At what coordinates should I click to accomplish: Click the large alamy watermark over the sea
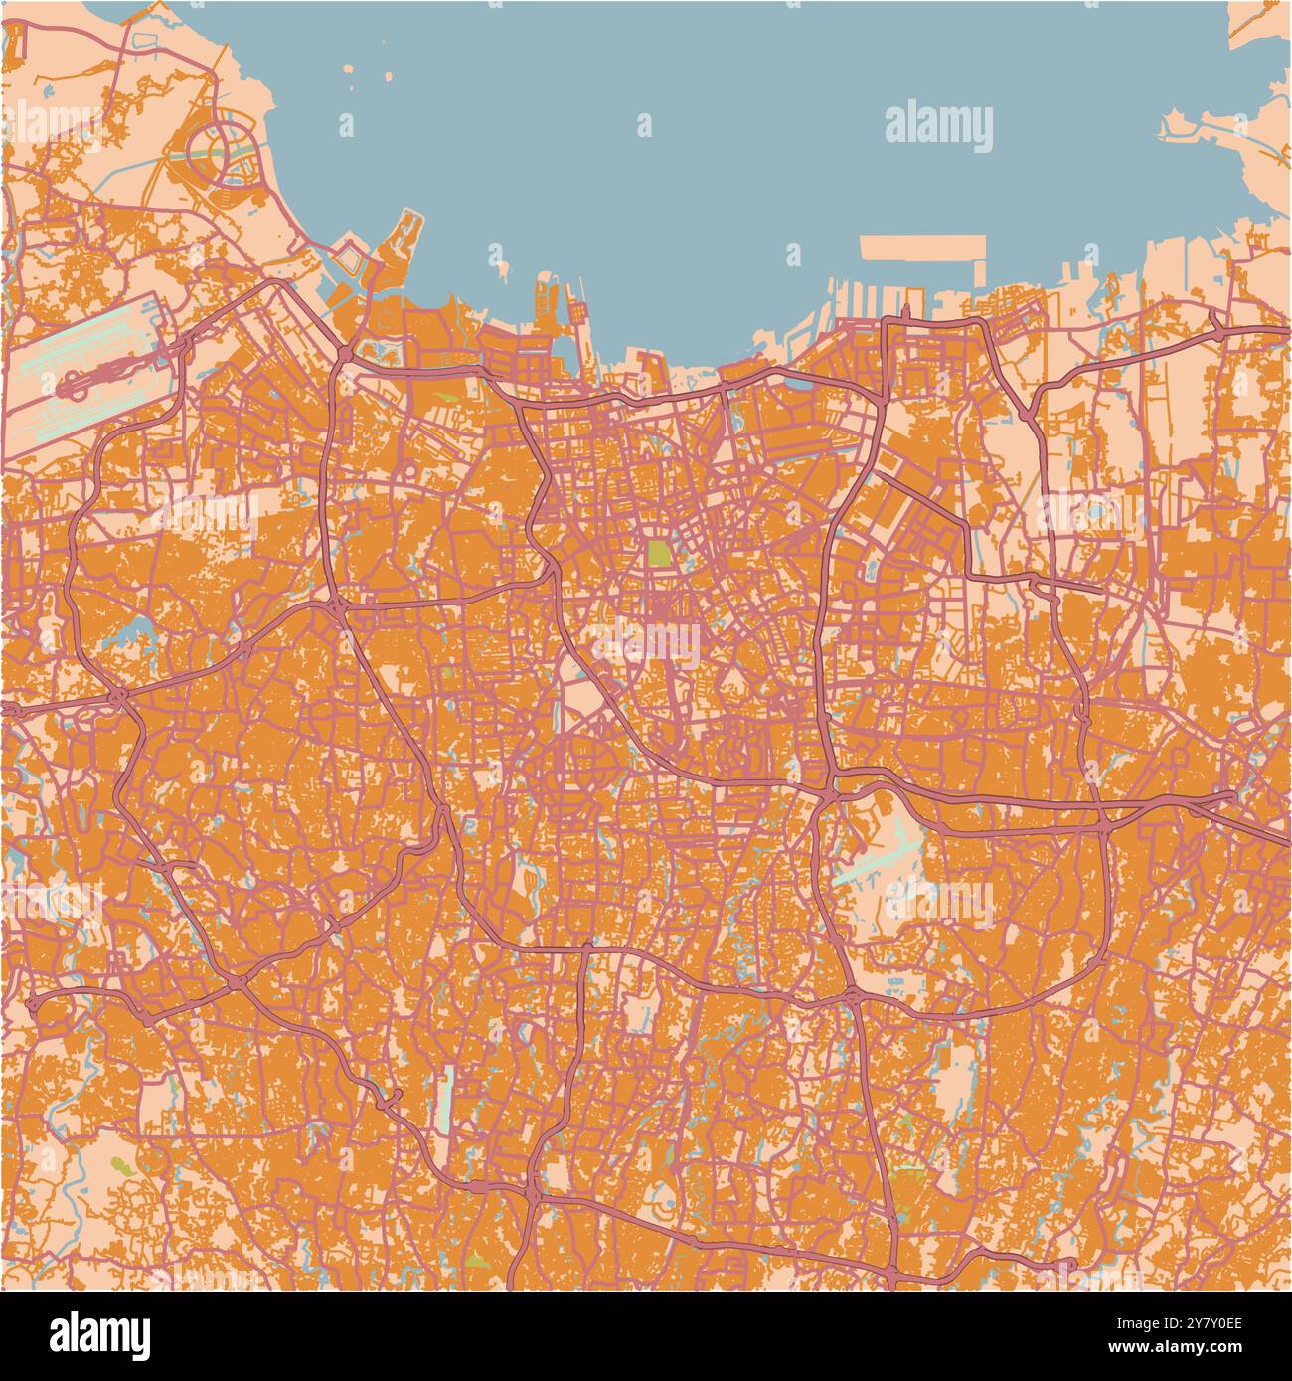(938, 128)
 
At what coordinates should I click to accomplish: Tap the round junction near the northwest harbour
(344, 351)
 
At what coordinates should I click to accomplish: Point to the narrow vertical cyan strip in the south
(448, 1100)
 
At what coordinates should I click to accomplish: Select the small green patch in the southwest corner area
(119, 1163)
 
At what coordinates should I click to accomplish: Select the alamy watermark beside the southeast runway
(938, 903)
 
